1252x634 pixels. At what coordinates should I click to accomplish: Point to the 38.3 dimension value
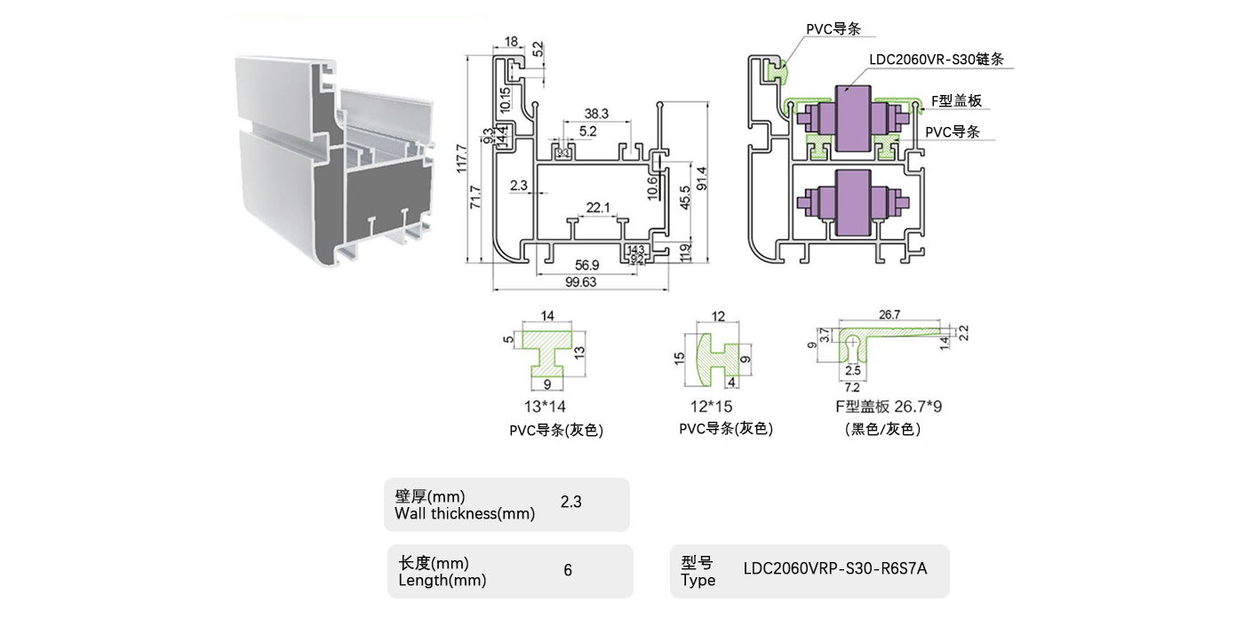(596, 114)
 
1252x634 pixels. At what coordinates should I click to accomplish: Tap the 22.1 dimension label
(598, 208)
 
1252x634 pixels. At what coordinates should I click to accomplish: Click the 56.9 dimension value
(587, 265)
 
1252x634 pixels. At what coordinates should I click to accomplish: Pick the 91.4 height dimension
(702, 182)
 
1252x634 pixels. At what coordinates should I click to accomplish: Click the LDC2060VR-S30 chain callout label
(942, 59)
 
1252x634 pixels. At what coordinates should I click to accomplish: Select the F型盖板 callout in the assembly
(956, 100)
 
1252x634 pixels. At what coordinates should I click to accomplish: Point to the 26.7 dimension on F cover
(889, 314)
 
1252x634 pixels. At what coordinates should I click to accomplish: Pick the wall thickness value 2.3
(570, 502)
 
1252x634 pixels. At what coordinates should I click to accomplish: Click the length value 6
(568, 570)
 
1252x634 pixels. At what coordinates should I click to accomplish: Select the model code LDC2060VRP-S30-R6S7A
(834, 569)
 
